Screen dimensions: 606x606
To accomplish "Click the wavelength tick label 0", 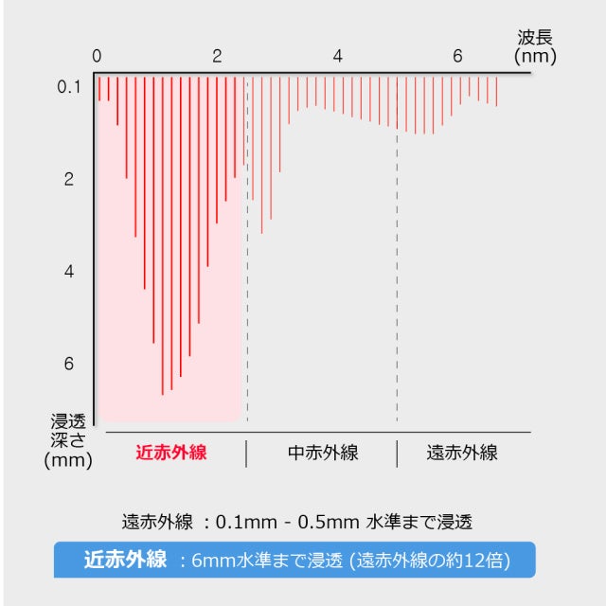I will (x=97, y=56).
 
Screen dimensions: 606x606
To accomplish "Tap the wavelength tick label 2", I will (x=217, y=56).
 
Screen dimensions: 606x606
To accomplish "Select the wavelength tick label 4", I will (x=337, y=56).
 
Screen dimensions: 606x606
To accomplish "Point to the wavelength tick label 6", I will (x=457, y=56).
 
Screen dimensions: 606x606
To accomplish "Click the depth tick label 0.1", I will (x=69, y=87).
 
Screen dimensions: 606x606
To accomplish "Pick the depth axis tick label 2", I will (x=69, y=179).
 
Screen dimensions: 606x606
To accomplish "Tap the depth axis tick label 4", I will (x=69, y=272).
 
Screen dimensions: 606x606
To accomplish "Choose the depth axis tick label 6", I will (x=69, y=364).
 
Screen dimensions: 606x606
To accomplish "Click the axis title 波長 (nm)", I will (x=535, y=46).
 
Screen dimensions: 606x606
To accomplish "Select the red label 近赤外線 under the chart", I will (x=171, y=453).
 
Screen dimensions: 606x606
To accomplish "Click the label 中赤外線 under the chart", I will (x=323, y=453).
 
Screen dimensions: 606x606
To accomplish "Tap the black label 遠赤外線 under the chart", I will (x=462, y=453).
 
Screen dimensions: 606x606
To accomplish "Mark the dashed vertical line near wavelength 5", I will (x=397, y=284).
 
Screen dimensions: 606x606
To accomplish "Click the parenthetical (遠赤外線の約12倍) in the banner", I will (x=430, y=561).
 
